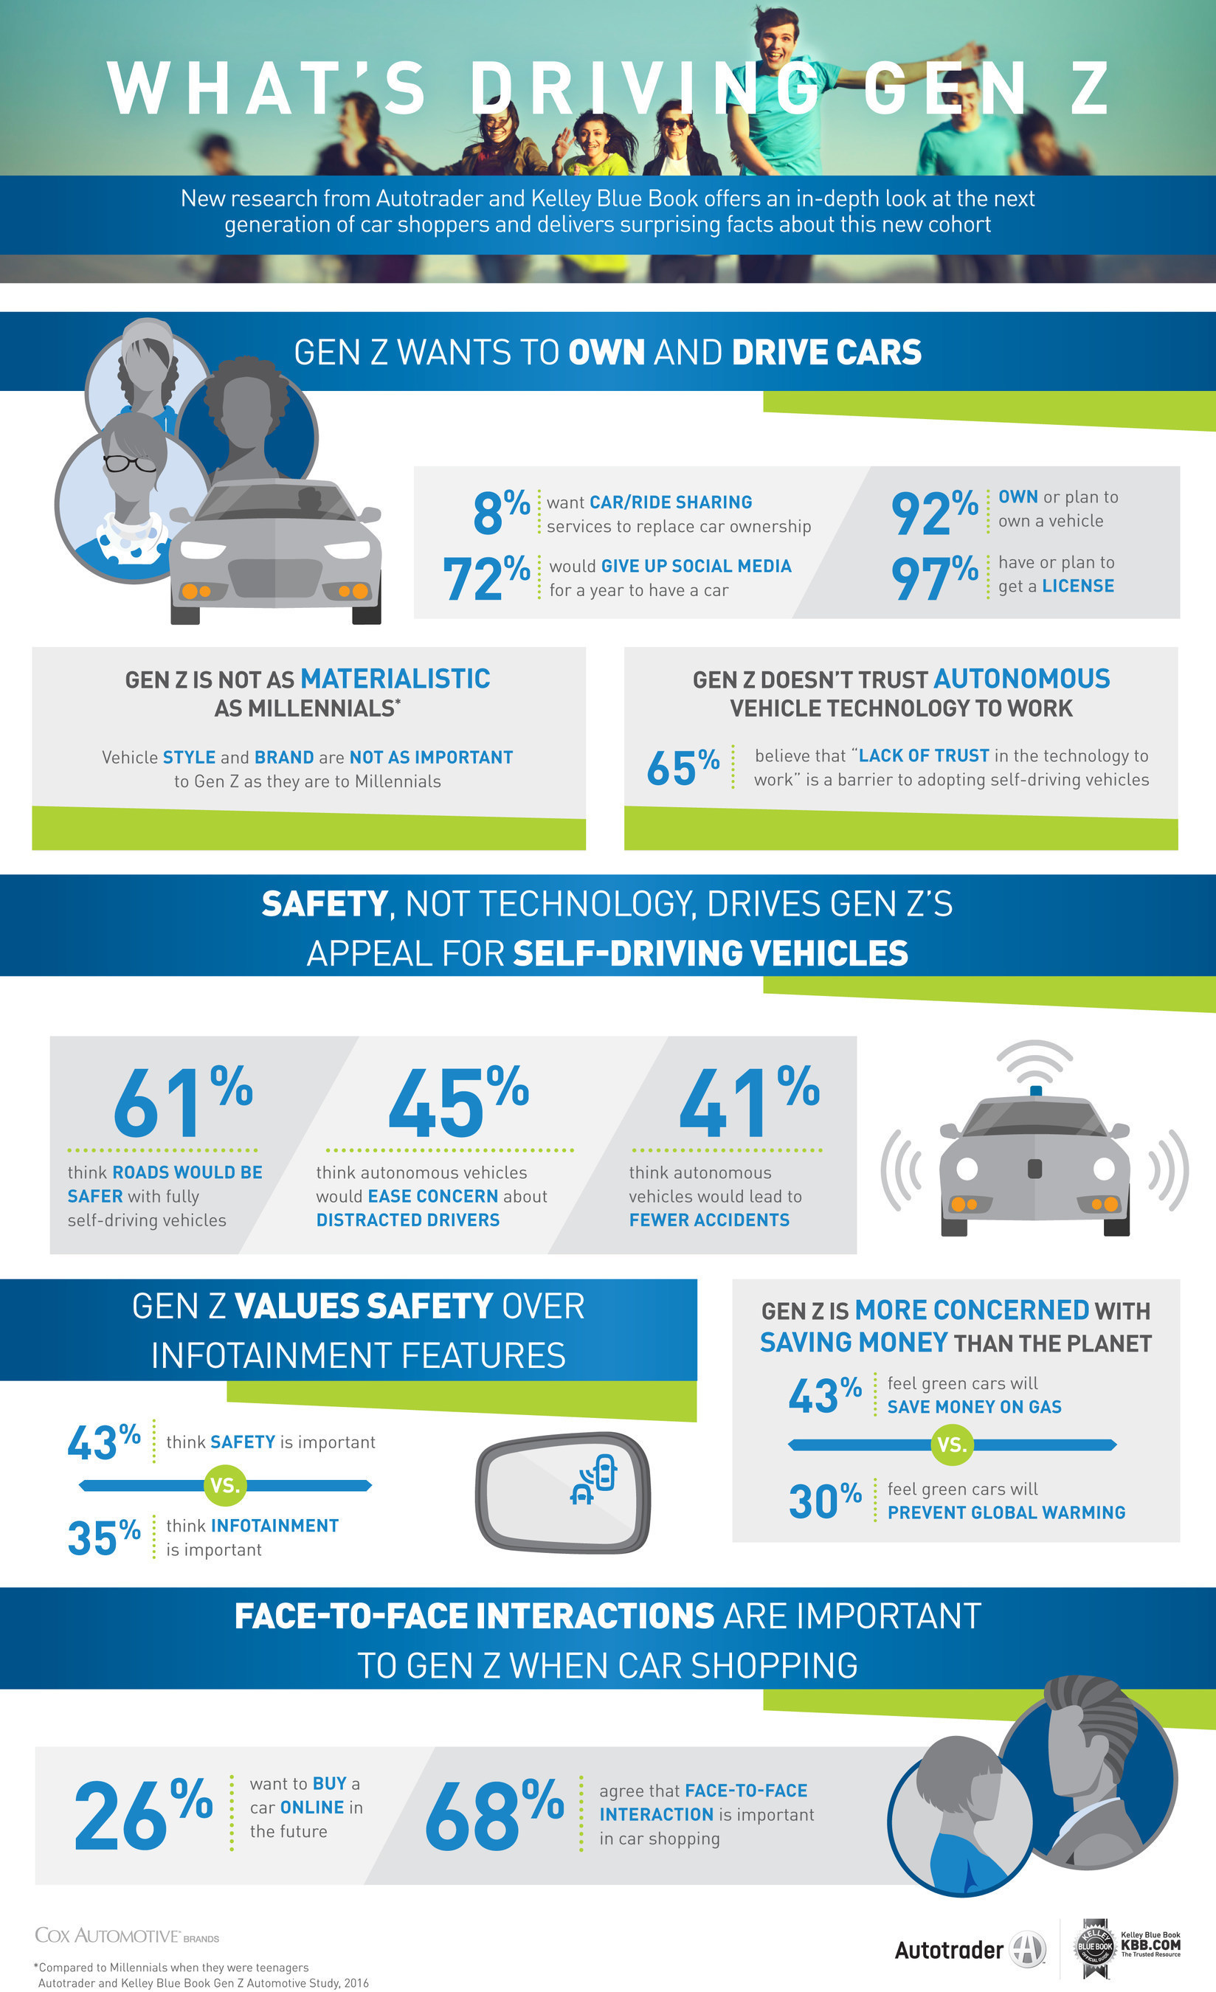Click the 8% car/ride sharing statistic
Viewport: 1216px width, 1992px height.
500,512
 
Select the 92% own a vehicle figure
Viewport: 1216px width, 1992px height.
934,513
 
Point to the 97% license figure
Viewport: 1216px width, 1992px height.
934,577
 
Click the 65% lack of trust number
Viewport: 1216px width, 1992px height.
683,767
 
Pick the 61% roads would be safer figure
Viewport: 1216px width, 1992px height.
182,1102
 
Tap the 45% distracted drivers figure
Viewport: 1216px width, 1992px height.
457,1102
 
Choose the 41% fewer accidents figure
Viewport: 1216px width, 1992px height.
749,1102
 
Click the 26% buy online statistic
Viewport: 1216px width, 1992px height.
142,1815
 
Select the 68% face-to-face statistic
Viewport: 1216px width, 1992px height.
493,1815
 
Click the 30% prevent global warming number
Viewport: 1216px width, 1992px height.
825,1501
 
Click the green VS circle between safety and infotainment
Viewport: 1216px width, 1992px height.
225,1485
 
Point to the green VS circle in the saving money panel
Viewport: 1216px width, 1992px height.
952,1445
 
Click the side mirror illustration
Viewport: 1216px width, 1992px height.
564,1492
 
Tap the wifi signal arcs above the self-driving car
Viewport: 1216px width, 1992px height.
1035,1061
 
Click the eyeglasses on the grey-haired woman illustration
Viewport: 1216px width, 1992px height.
129,464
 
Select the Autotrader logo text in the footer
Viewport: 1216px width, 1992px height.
948,1950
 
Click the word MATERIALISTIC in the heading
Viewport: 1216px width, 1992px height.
395,679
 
